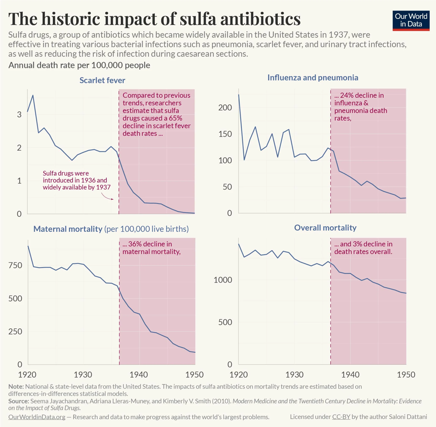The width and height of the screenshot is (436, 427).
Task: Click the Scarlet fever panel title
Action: [102, 80]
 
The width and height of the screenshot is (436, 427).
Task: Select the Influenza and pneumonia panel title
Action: [313, 77]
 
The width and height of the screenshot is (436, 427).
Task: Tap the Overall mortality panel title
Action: [325, 227]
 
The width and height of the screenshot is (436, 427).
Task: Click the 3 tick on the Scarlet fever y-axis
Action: [19, 114]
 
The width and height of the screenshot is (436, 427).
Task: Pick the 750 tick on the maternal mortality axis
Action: [15, 266]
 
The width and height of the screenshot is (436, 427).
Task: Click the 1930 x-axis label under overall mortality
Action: [294, 375]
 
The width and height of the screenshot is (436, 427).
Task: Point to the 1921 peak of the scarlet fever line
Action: [33, 95]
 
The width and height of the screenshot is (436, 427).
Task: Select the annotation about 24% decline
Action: [360, 107]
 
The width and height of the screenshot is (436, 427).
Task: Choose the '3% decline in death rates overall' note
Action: [363, 248]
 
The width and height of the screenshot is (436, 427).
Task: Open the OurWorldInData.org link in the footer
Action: [37, 417]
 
